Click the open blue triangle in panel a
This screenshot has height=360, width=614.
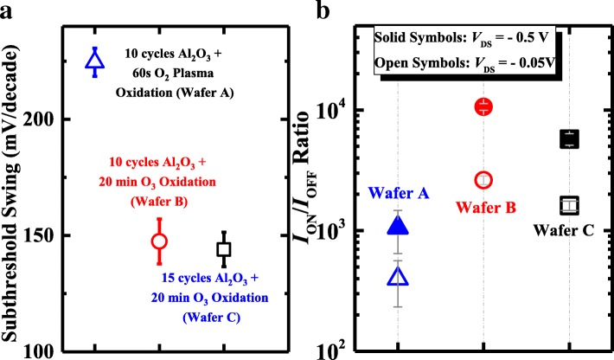click(x=95, y=61)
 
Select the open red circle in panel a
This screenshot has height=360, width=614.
click(x=159, y=241)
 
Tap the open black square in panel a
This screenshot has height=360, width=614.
click(x=224, y=249)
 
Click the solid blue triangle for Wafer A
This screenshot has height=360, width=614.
click(x=398, y=227)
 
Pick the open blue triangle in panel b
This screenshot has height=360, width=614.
click(x=398, y=277)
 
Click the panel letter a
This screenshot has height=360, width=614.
click(x=10, y=10)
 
